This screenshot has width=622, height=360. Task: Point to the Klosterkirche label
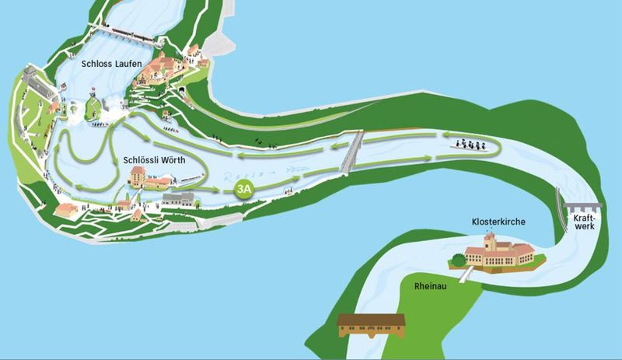(x=498, y=222)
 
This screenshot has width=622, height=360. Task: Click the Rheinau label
(x=430, y=286)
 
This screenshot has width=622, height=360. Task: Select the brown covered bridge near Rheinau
(x=372, y=325)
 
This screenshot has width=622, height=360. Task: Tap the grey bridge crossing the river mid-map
(x=354, y=150)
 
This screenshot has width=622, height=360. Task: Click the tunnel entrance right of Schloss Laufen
(x=183, y=91)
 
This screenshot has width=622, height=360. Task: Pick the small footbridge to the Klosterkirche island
(x=465, y=274)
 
